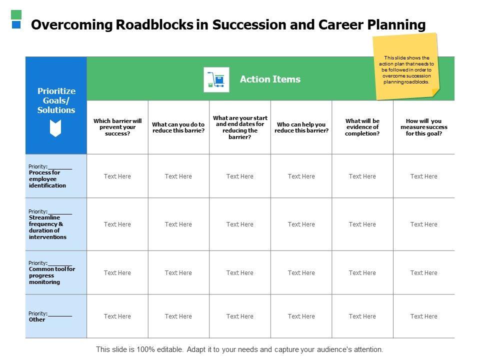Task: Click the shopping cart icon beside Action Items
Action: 216,79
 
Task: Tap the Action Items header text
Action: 270,79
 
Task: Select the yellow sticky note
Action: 406,66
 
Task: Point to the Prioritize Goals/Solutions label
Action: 56,100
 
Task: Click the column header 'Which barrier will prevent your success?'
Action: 117,127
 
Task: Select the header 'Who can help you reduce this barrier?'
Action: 301,127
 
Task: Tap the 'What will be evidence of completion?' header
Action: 362,127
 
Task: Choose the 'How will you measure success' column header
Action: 424,127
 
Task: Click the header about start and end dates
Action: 240,127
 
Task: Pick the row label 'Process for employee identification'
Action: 47,179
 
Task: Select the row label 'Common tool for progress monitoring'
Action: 51,275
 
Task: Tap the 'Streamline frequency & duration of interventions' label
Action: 47,227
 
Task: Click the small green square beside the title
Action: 16,14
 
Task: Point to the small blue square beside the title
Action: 16,24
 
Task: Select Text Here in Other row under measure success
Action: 424,316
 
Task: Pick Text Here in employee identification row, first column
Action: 117,176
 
